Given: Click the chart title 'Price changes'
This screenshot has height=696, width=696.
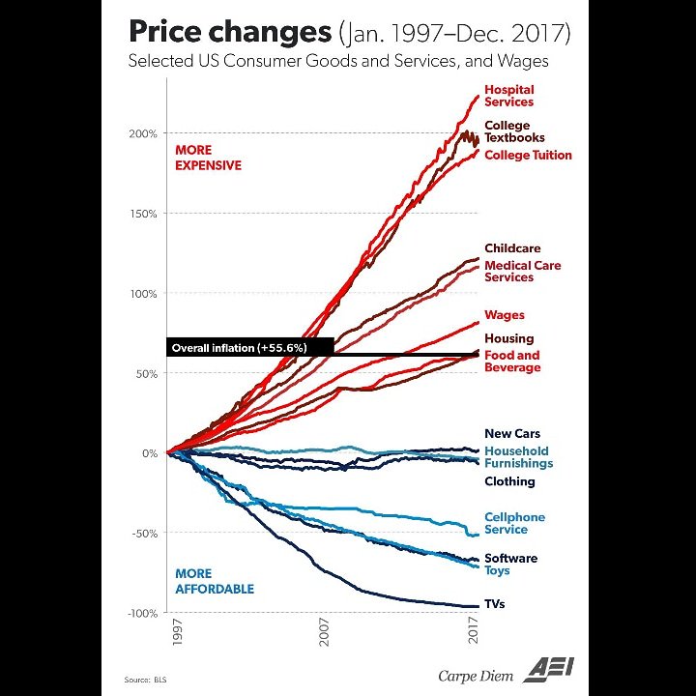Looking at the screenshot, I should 229,32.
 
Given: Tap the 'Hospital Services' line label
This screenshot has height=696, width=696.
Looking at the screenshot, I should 508,96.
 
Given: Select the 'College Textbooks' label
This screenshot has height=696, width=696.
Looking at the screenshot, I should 514,131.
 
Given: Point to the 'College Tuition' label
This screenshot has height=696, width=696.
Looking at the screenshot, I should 528,155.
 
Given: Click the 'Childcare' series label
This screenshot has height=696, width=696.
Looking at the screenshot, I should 512,248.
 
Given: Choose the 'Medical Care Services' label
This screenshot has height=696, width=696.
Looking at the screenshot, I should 522,271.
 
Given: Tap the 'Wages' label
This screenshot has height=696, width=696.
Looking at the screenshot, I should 505,315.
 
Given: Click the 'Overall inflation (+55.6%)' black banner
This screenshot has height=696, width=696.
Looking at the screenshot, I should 239,347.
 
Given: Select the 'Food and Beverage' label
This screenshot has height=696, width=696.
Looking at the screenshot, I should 512,362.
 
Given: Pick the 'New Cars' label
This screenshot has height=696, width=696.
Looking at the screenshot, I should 512,434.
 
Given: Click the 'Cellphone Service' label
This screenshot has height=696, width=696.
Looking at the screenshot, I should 514,523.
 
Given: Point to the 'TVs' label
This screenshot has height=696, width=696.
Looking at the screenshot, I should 495,604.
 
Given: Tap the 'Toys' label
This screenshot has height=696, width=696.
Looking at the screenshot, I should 497,571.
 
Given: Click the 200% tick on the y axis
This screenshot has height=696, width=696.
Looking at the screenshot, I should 143,133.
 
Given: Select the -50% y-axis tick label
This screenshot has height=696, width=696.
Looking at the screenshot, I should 143,534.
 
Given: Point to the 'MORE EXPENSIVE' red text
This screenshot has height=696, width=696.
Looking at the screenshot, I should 208,158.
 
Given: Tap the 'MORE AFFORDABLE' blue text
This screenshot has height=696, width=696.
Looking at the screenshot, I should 215,581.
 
